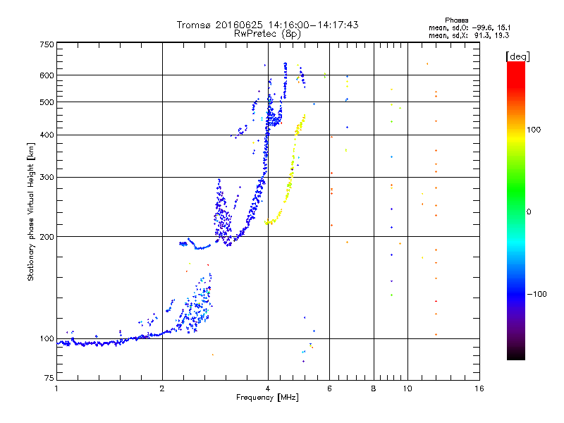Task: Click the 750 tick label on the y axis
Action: pyautogui.click(x=47, y=44)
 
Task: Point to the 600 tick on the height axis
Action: pyautogui.click(x=47, y=75)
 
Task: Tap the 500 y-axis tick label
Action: pyautogui.click(x=47, y=102)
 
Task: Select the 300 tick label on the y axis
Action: pyautogui.click(x=47, y=177)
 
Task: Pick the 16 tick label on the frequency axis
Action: pyautogui.click(x=479, y=388)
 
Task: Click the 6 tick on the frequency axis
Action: pyautogui.click(x=329, y=388)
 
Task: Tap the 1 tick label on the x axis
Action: pyautogui.click(x=56, y=388)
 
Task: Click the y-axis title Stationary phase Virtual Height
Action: pyautogui.click(x=31, y=211)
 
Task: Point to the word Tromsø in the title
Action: pyautogui.click(x=192, y=25)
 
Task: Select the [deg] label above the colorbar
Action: pyautogui.click(x=517, y=56)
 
